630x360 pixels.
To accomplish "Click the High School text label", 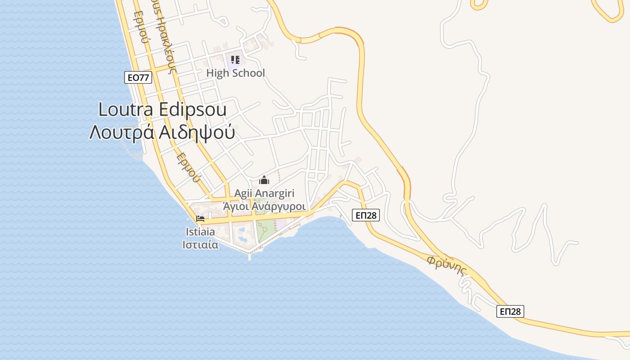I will tap(235, 73).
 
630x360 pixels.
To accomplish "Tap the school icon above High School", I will tap(235, 59).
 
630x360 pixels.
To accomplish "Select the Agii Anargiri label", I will tap(264, 193).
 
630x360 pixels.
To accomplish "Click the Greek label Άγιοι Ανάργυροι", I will tap(265, 206).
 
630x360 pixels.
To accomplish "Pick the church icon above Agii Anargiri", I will tap(264, 180).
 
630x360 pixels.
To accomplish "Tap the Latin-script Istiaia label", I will tap(200, 232).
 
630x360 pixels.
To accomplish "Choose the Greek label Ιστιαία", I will tap(200, 245).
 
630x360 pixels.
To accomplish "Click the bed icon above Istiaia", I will tap(200, 219).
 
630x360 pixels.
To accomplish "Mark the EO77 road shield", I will tap(138, 77).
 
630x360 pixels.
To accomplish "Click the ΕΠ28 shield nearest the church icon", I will tap(365, 216).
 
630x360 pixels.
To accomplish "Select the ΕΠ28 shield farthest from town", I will tap(510, 311).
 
